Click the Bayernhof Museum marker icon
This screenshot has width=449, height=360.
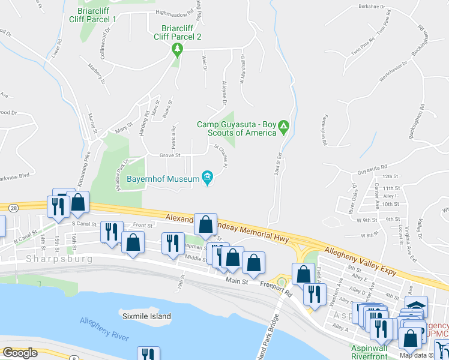(x=208, y=176)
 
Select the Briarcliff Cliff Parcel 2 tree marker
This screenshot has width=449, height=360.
(x=176, y=49)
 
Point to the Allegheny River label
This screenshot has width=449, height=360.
(x=104, y=329)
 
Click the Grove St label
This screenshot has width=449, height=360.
(x=170, y=155)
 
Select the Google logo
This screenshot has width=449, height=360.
(x=20, y=353)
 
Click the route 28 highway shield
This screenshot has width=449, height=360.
(x=13, y=207)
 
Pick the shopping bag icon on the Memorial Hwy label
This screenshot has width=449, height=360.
(x=206, y=225)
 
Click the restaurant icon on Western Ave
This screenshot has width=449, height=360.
(x=313, y=293)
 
